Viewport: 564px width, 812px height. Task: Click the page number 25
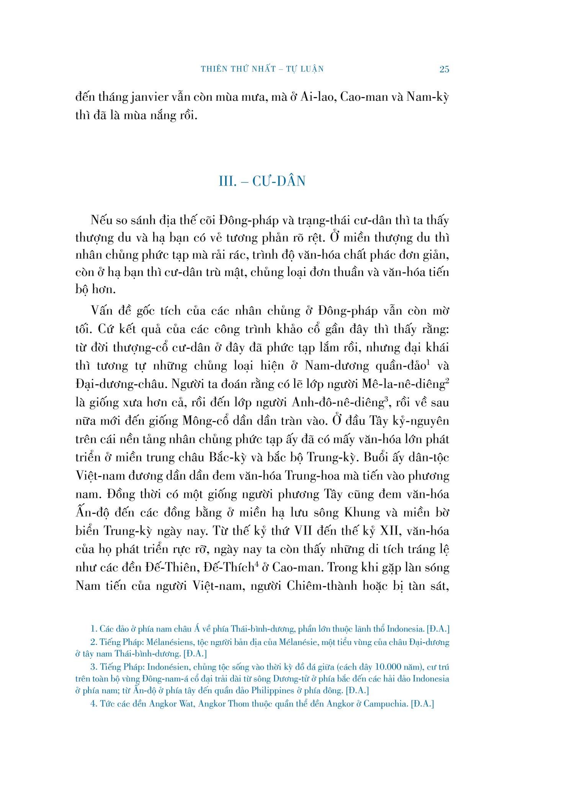444,69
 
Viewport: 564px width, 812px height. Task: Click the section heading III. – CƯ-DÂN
262,181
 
